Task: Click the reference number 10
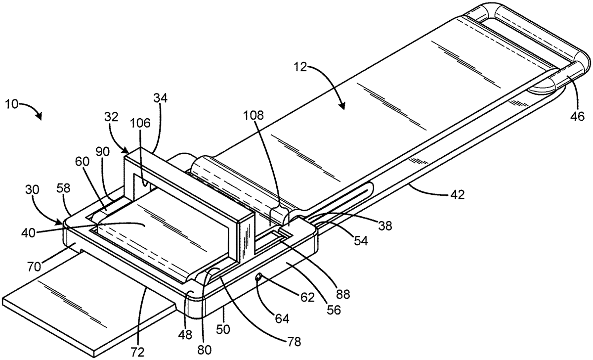coord(12,105)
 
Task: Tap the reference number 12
coord(299,67)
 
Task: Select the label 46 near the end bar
coord(578,116)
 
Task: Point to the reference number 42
coord(457,195)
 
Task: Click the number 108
coord(254,115)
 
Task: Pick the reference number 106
coord(140,123)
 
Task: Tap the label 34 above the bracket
coord(161,98)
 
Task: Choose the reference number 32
coord(111,117)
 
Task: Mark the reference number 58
coord(64,188)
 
